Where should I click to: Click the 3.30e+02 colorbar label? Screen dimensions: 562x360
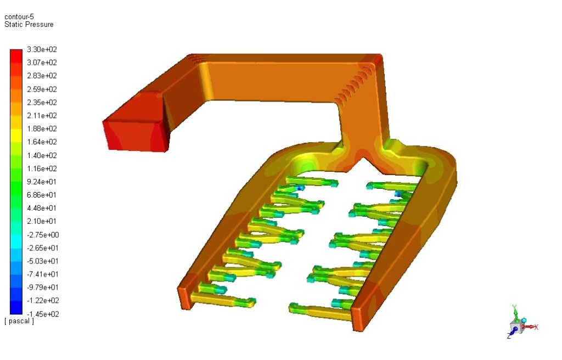click(x=42, y=49)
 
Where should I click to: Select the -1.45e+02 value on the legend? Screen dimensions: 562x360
click(x=43, y=314)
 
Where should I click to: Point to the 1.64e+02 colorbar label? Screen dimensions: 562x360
click(x=42, y=142)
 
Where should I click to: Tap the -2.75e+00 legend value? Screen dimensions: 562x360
click(x=43, y=235)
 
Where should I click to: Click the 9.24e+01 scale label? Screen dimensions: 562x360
click(x=42, y=182)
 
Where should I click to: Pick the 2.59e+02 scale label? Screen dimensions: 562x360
click(x=42, y=89)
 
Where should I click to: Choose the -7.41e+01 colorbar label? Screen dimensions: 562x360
click(x=43, y=274)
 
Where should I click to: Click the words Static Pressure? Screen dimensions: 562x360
click(x=29, y=24)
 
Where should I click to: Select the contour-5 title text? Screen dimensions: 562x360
click(x=19, y=16)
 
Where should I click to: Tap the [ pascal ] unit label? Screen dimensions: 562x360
click(x=19, y=321)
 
